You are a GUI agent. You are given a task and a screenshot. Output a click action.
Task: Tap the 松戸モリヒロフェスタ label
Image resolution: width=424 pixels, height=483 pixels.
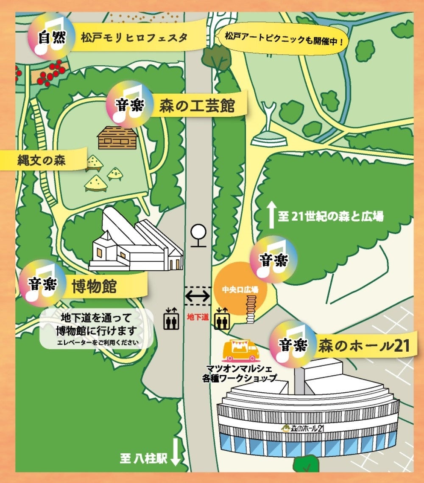click(x=134, y=38)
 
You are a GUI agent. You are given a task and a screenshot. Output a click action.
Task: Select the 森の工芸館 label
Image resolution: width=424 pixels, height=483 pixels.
click(x=197, y=105)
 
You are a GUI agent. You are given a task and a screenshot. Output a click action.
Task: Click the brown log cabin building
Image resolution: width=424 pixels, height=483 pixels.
click(x=117, y=136)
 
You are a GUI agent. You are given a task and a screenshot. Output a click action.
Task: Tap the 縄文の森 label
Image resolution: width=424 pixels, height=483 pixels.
click(x=42, y=160)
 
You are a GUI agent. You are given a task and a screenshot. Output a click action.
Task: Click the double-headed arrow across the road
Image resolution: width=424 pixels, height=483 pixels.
click(x=198, y=296)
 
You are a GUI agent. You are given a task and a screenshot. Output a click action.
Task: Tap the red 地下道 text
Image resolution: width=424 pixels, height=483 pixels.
click(x=198, y=316)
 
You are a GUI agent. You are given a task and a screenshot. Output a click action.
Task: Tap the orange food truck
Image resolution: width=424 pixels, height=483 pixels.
click(x=240, y=350)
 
